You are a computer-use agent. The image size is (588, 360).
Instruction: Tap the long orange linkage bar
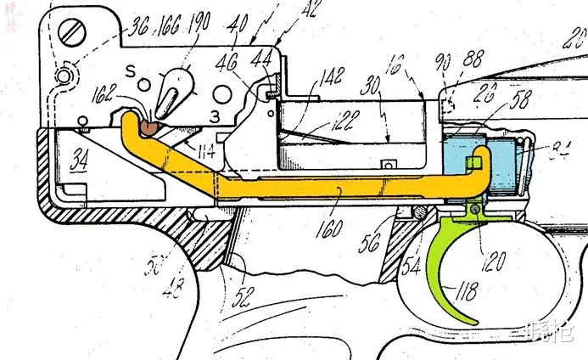coord(339,189)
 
